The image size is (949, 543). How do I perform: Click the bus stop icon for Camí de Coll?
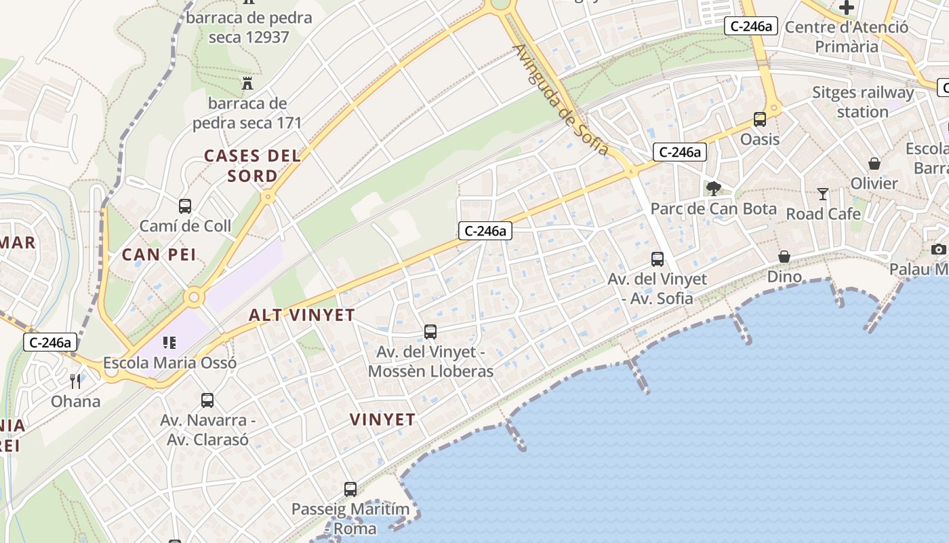point(184,206)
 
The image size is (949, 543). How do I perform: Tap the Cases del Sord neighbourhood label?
point(252,166)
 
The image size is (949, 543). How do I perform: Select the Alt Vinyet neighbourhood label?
point(302,315)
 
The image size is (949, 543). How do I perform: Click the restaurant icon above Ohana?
point(75,381)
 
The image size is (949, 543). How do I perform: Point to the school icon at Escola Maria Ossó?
point(169,343)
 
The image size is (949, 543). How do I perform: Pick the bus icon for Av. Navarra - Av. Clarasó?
point(207,400)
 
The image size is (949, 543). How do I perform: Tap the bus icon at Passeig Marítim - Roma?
point(350,489)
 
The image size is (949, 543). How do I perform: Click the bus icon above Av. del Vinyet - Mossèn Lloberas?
point(430,332)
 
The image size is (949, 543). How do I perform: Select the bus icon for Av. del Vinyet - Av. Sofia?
point(658,259)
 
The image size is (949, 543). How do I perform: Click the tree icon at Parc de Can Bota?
point(713,188)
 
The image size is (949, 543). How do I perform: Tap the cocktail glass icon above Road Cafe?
point(823,194)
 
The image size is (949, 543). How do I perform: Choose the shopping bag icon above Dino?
point(784,257)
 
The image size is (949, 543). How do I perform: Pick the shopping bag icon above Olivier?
point(874,164)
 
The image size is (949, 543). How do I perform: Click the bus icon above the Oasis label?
point(760,119)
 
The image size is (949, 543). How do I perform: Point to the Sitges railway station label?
point(862,102)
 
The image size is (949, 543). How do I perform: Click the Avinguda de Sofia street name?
point(561,100)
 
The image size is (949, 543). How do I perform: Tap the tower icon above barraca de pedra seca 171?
point(247,84)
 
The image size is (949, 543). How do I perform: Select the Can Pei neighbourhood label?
point(159,255)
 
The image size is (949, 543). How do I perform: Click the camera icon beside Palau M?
point(939,250)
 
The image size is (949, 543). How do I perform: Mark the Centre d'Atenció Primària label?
point(846,37)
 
